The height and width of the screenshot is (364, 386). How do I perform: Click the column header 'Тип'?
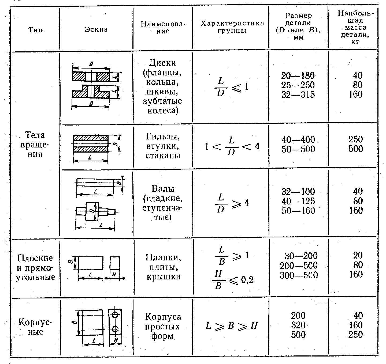35,29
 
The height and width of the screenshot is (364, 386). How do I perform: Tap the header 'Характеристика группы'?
232,27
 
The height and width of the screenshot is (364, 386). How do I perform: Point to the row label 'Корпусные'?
35,327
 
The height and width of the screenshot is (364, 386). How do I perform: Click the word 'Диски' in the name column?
162,63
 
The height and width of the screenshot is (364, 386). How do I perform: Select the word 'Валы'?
163,188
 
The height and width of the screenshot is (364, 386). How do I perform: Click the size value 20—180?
298,75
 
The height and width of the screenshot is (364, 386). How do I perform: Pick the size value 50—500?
298,149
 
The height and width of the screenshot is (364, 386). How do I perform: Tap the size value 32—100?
298,191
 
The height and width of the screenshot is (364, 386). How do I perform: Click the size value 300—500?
299,275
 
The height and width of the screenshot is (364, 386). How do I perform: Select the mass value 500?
356,149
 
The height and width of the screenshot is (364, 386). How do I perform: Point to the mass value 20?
358,255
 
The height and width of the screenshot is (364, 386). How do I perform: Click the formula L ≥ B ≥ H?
231,326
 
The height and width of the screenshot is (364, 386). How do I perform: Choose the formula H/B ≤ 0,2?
232,280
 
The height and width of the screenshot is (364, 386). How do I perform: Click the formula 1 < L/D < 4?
232,146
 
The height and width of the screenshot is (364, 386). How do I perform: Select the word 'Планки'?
163,257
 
